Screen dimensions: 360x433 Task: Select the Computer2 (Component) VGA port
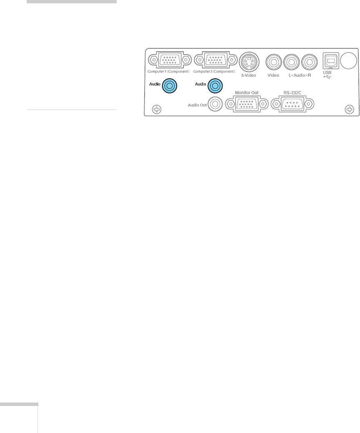click(215, 60)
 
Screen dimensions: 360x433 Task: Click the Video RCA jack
click(273, 63)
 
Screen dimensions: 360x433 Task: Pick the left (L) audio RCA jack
click(291, 63)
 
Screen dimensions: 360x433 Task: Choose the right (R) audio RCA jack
click(309, 63)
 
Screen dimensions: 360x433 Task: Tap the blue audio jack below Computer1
click(170, 86)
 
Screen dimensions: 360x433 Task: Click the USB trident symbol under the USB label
click(327, 78)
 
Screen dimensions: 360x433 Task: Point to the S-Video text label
click(249, 76)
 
